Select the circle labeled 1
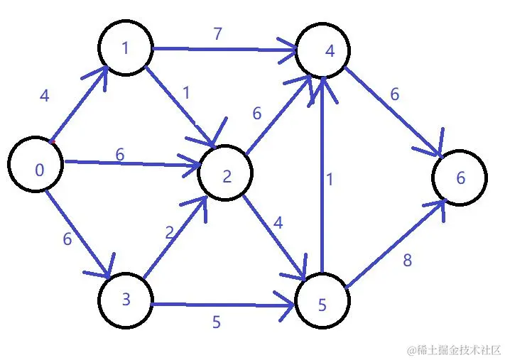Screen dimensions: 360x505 click(x=126, y=48)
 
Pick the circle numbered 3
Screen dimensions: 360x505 click(x=126, y=298)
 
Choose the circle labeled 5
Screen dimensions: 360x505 click(x=322, y=303)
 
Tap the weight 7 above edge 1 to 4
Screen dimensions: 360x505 click(x=217, y=34)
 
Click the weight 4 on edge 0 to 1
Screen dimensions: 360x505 click(x=45, y=96)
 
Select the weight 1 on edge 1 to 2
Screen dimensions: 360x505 click(x=185, y=92)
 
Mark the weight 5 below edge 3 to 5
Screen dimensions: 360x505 click(x=216, y=322)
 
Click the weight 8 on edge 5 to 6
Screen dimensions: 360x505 click(x=407, y=261)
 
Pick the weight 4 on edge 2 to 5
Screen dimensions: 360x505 click(x=278, y=223)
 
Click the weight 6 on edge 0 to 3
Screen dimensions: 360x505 click(x=67, y=239)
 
